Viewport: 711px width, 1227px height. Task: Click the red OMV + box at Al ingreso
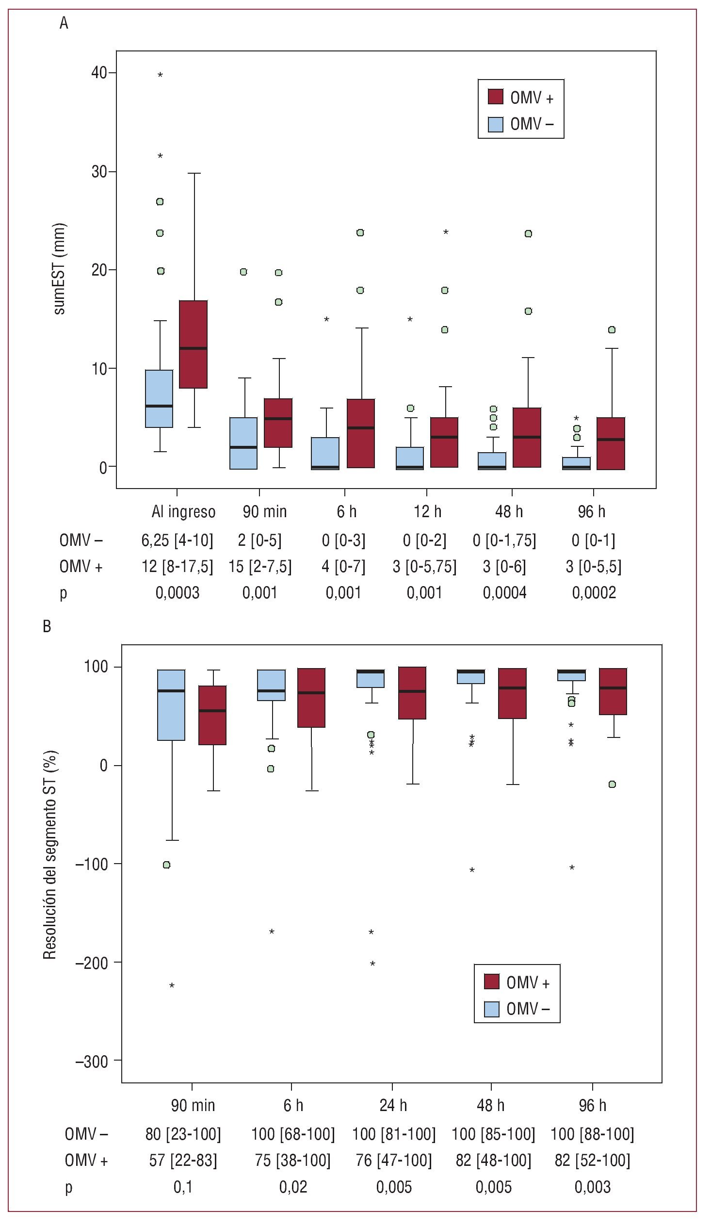tap(193, 344)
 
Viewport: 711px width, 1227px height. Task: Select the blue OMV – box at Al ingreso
tap(159, 398)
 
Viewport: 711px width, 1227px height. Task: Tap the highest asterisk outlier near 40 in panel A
tap(160, 75)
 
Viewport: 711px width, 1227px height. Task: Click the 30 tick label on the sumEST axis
tap(99, 172)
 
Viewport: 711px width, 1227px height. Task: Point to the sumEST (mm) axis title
tap(59, 269)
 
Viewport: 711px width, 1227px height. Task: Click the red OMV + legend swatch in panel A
tap(495, 97)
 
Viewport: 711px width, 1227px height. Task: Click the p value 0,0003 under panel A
tap(177, 592)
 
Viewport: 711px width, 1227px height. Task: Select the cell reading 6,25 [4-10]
tap(177, 540)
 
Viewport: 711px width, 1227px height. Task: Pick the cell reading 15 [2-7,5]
tap(260, 566)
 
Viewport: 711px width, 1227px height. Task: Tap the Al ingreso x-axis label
tap(183, 512)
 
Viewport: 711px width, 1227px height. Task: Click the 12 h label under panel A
tap(427, 512)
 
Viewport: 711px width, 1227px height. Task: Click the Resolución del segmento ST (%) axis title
tap(50, 854)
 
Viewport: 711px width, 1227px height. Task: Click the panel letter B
tap(47, 626)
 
